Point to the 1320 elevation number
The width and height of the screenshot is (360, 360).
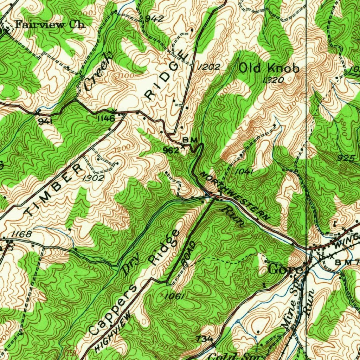273,80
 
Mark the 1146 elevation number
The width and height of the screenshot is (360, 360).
106,119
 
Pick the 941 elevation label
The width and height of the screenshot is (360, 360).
46,121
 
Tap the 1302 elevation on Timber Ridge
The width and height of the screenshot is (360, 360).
93,178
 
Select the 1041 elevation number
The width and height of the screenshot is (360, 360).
244,171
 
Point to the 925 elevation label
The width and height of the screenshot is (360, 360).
346,159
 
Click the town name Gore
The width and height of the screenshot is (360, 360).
285,270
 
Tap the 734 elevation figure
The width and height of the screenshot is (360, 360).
205,339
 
